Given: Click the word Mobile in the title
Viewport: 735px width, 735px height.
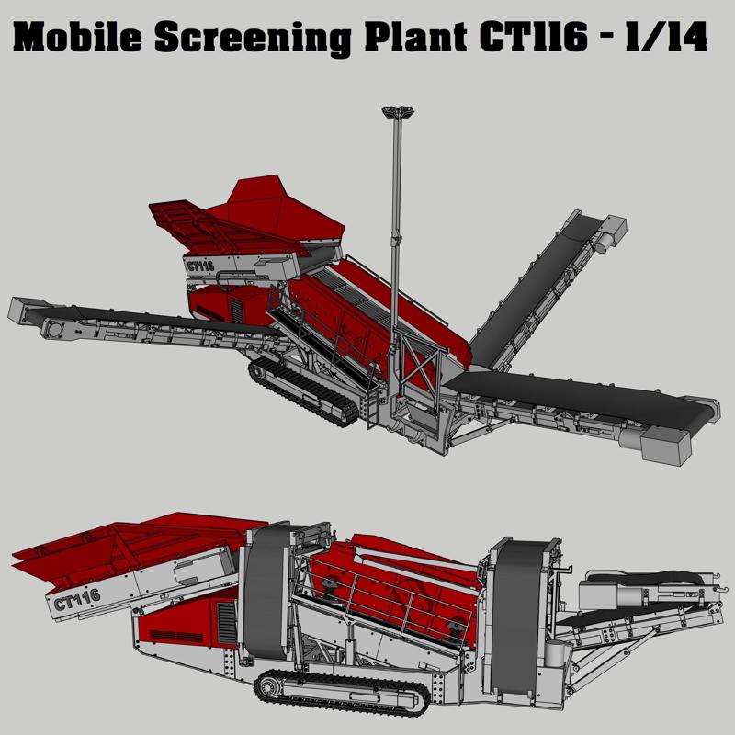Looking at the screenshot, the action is pos(78,38).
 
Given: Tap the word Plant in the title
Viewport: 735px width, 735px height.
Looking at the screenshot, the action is pos(415,37).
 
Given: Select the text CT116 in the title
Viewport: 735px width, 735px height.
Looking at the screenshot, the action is pos(533,37).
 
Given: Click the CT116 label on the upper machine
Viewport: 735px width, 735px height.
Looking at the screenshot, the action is pos(200,266).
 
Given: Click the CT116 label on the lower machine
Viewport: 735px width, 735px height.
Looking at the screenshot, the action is pos(77,600).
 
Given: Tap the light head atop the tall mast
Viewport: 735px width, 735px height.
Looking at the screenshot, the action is pos(398,112).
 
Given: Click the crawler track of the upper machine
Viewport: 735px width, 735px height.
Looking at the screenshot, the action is pos(302,391).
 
